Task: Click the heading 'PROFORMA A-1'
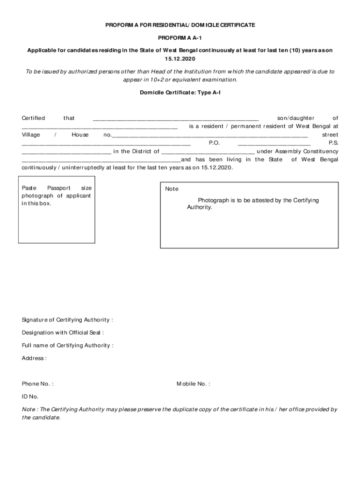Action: (x=180, y=37)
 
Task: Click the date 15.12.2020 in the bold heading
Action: (x=180, y=59)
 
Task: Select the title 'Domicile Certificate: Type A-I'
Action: (x=180, y=93)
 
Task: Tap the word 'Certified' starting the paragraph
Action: (x=33, y=118)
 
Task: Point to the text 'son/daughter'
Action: (x=295, y=118)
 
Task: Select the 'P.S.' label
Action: (x=333, y=143)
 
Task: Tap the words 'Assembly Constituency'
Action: (x=307, y=152)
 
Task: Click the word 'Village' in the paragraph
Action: (x=31, y=135)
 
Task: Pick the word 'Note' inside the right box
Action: (x=172, y=189)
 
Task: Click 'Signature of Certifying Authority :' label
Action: (x=67, y=320)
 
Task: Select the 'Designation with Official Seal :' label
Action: (x=63, y=333)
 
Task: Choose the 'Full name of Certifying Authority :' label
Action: (x=67, y=346)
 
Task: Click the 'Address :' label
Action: (x=34, y=358)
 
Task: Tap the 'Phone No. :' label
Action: (x=37, y=384)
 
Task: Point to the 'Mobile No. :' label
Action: (x=193, y=384)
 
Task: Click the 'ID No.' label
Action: (x=30, y=397)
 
